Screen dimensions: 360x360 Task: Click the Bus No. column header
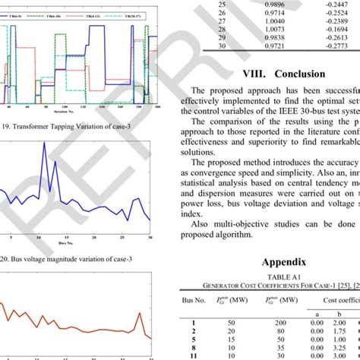196,300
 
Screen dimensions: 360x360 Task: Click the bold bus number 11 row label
196,355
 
